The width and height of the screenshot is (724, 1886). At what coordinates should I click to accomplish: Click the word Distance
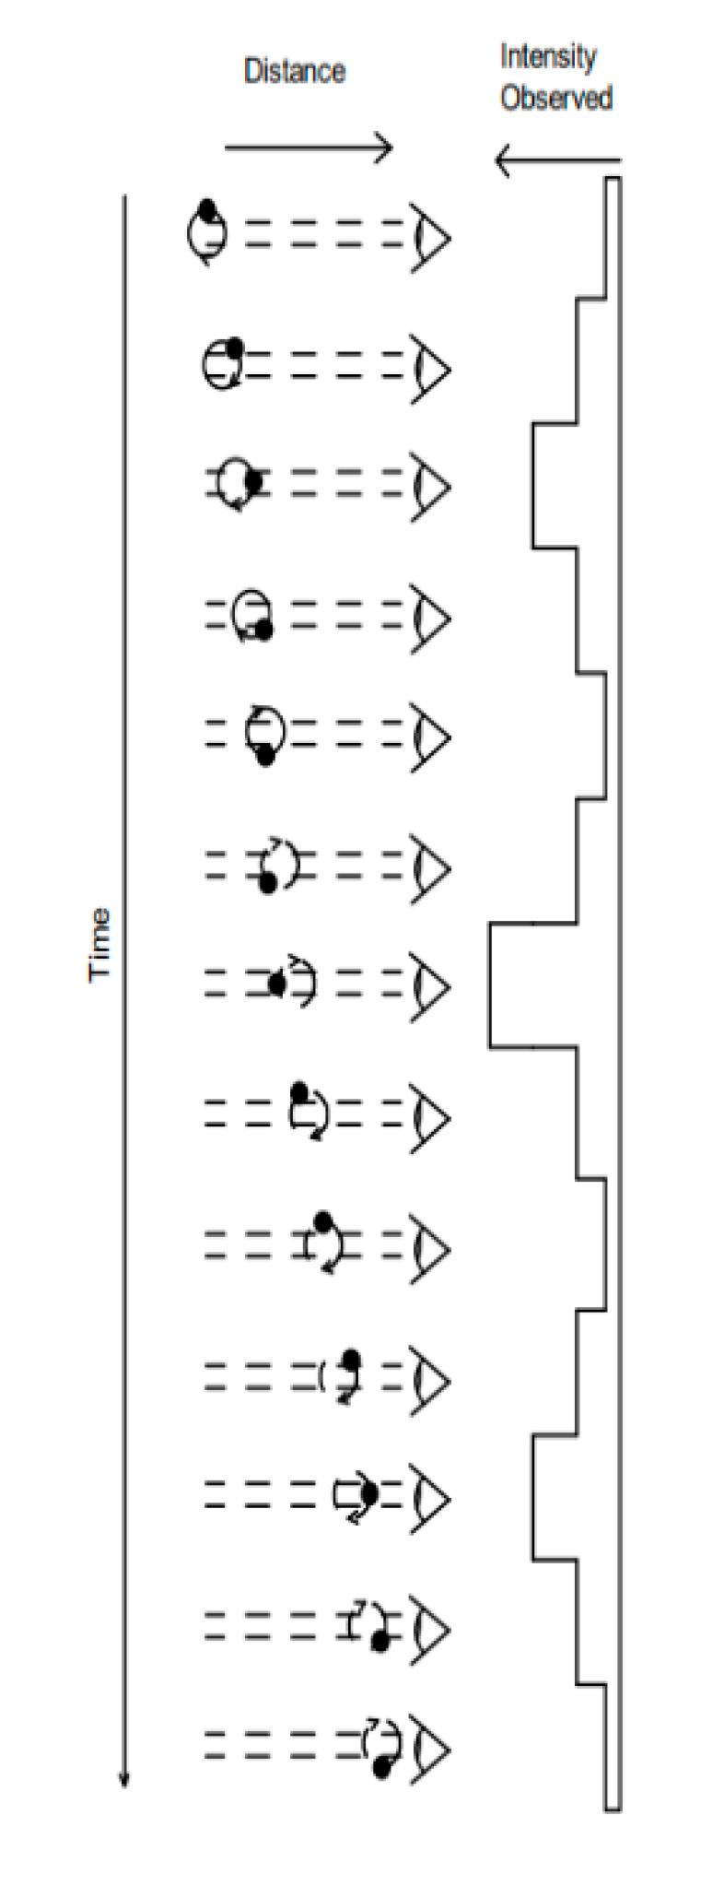point(295,72)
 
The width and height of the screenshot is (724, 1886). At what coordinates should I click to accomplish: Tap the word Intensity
point(548,57)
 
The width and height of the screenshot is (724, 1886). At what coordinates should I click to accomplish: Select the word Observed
point(556,98)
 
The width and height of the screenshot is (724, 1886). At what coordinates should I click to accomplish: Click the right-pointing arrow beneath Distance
point(309,147)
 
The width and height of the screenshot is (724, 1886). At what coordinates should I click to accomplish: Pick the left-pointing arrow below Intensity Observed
point(557,161)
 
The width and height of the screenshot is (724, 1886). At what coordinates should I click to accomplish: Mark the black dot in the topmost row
point(207,208)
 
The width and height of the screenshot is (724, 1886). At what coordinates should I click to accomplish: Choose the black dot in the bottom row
point(382,1767)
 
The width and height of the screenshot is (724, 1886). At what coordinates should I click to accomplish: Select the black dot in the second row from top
point(235,347)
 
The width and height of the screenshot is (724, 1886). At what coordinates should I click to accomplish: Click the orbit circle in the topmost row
point(205,236)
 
